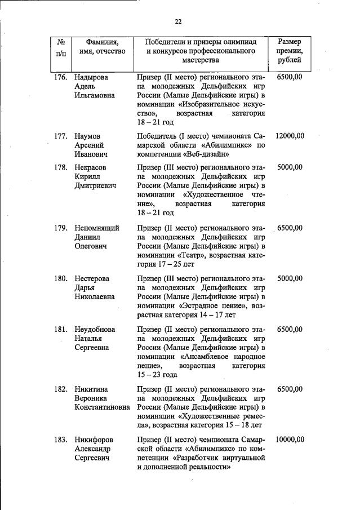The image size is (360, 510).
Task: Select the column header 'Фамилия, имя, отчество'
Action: [x=102, y=47]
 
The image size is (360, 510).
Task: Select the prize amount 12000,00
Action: [x=290, y=136]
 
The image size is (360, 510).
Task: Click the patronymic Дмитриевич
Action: [x=95, y=185]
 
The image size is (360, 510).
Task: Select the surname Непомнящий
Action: [x=96, y=228]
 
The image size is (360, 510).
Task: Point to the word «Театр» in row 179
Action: [x=191, y=255]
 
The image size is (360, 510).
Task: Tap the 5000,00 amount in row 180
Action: [x=290, y=278]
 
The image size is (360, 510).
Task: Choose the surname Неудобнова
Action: [x=95, y=329]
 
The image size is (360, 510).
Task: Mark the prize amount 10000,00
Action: [x=290, y=440]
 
